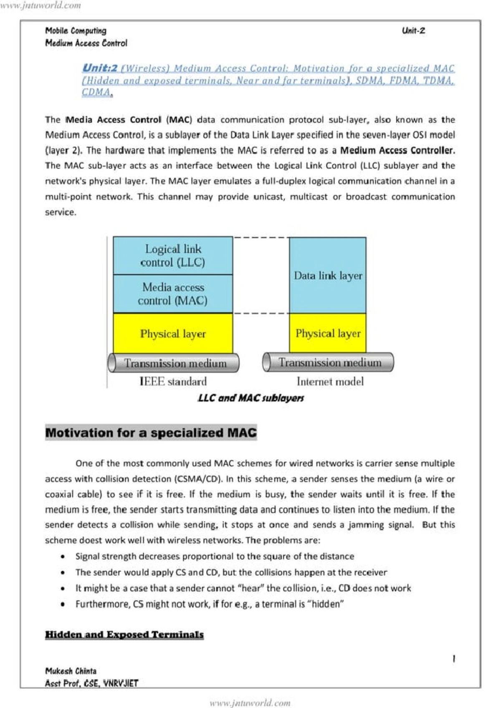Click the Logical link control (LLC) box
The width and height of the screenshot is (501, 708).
click(173, 255)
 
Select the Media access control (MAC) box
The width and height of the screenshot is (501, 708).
click(173, 294)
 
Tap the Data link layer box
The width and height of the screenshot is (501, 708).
click(328, 276)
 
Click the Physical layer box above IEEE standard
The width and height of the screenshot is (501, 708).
click(173, 334)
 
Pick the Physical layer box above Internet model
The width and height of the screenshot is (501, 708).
click(328, 333)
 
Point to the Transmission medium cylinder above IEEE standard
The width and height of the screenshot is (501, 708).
click(174, 363)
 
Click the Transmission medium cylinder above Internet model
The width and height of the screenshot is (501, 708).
click(328, 362)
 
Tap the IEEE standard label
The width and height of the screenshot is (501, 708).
click(173, 382)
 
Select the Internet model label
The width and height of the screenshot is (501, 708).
click(330, 381)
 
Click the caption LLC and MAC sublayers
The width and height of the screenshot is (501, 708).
click(250, 398)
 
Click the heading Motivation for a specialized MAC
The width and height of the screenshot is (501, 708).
click(151, 432)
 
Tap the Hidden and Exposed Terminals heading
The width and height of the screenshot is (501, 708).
click(124, 635)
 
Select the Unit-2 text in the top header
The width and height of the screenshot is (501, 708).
click(413, 30)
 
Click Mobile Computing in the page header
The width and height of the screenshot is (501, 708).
click(76, 30)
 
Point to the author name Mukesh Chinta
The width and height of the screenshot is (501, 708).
click(71, 671)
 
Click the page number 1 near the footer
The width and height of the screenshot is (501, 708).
click(454, 659)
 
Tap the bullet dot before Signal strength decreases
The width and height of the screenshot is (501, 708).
click(63, 556)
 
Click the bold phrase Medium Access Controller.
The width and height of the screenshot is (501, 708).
click(397, 150)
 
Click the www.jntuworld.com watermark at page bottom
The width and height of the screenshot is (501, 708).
click(250, 703)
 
